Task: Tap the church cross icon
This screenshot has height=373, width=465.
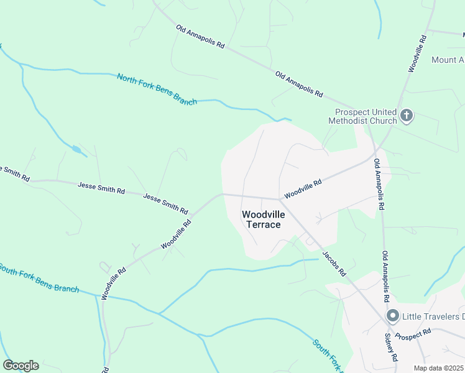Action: (x=407, y=115)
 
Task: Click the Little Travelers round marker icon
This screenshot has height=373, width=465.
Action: (x=392, y=316)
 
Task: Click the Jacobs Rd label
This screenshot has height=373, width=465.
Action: (x=334, y=264)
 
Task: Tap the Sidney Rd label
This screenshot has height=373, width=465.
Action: (x=390, y=348)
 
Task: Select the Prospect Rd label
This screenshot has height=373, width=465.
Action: (x=412, y=335)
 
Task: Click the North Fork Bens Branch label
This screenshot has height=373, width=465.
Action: (x=157, y=89)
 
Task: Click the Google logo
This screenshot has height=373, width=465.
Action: (x=21, y=366)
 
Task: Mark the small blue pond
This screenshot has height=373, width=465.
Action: (x=76, y=150)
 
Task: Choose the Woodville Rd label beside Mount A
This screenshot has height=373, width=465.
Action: (x=417, y=53)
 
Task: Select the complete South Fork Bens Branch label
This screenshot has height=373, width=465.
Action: (x=39, y=278)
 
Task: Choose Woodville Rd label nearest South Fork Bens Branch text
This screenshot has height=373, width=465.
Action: (x=114, y=283)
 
